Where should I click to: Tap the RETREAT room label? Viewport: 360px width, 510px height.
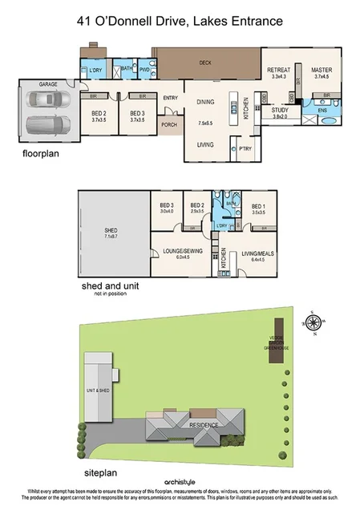pyautogui.click(x=278, y=71)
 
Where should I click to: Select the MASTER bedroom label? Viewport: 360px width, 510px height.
pyautogui.click(x=322, y=71)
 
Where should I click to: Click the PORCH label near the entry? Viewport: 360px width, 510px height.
pyautogui.click(x=169, y=125)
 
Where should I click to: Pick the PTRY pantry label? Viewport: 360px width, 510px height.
pyautogui.click(x=245, y=148)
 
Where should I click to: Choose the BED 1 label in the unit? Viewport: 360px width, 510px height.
pyautogui.click(x=257, y=207)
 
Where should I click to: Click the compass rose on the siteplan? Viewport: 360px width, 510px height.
pyautogui.click(x=314, y=322)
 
